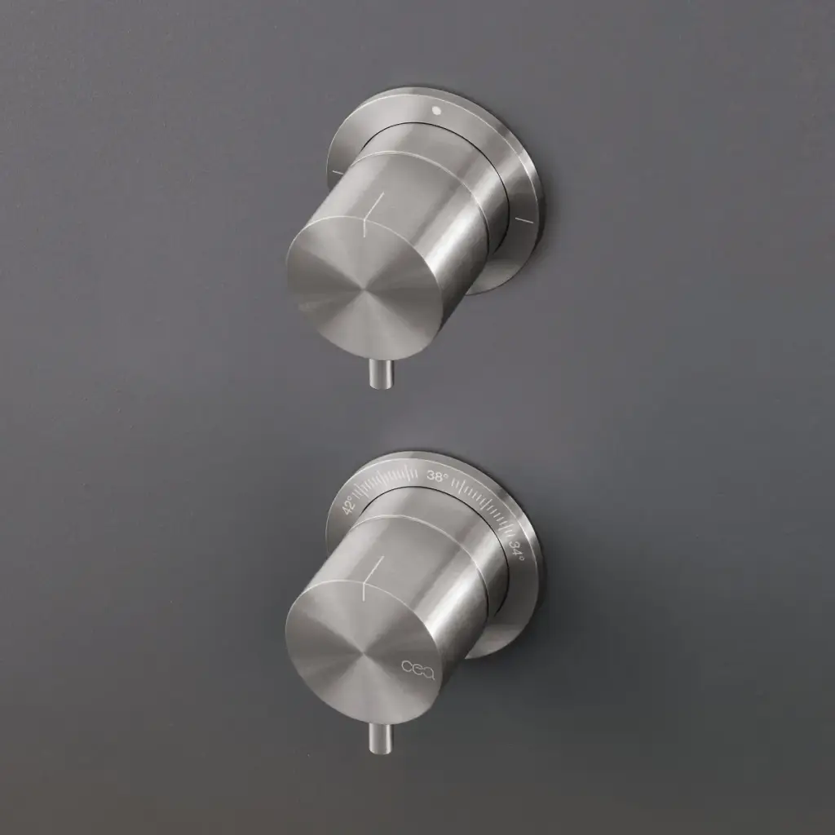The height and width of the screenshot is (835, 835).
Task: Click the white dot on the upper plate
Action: pos(438,111)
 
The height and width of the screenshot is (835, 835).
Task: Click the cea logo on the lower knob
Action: pos(418,669)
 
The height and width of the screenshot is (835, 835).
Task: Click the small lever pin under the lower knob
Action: pos(381,737)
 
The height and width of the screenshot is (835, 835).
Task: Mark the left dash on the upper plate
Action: pos(338,172)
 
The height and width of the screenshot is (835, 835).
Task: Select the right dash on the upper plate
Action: pos(524,219)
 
